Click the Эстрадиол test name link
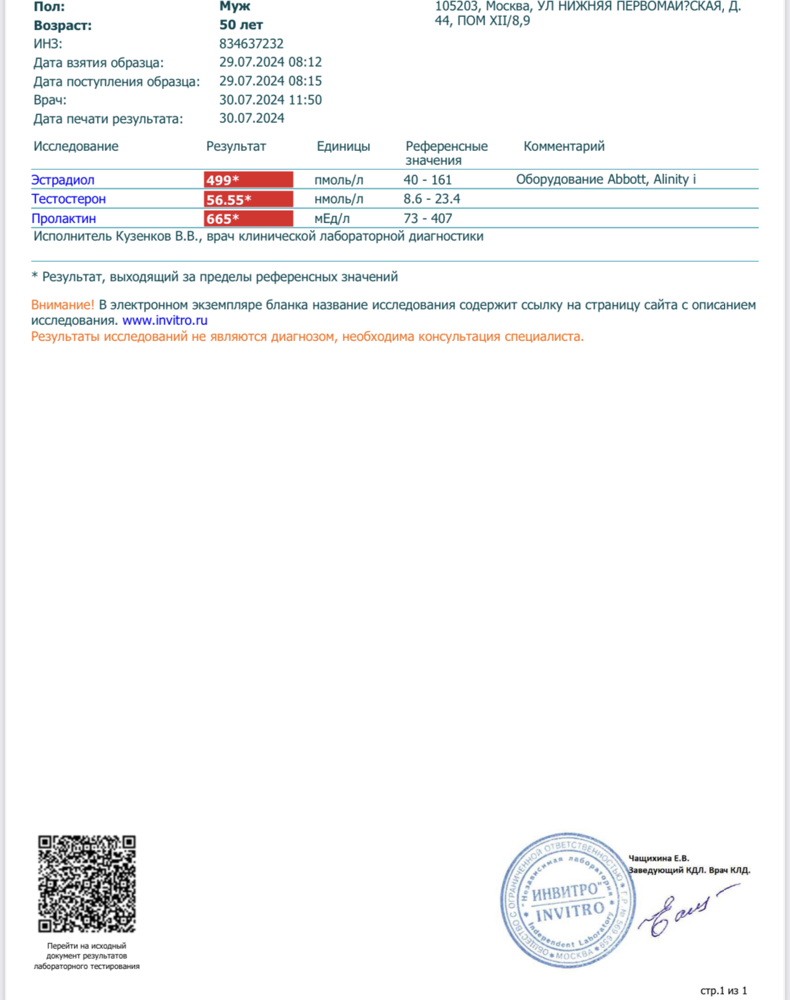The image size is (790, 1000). coord(62,180)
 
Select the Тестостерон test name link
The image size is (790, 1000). coord(68,199)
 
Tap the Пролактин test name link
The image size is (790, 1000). coord(63,218)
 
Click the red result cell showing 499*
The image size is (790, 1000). coord(248,180)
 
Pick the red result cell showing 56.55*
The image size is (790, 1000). coord(248,199)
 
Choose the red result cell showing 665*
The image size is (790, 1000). coord(248,218)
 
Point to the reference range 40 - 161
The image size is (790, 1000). coord(427,180)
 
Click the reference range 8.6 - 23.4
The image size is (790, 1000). coord(431,199)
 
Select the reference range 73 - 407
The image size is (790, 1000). coord(427,218)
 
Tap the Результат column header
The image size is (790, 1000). coord(236,147)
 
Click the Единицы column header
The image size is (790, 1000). coord(343,147)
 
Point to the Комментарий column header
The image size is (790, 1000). coord(564,147)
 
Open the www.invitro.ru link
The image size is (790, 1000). coord(164,321)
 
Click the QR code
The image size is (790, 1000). coord(86,884)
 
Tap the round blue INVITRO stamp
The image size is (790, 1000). coord(567,901)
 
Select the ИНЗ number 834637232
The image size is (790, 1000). coord(251,44)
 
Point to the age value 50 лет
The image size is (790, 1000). coord(241,25)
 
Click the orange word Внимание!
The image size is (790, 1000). coord(62,305)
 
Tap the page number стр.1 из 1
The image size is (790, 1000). coord(723,991)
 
